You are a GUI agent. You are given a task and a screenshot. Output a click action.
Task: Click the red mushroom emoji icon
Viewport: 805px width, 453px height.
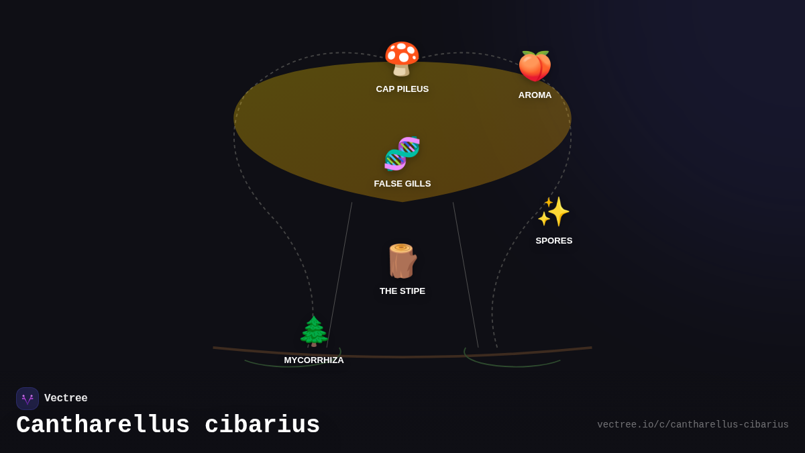coord(402,59)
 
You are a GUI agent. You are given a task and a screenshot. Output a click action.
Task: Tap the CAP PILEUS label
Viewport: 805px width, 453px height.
coord(402,89)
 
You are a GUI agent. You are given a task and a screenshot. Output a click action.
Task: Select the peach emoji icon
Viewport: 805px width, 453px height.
coord(535,66)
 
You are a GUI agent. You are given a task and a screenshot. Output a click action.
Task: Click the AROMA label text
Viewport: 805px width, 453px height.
coord(535,95)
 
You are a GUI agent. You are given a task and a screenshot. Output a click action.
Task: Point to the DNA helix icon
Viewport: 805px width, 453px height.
coord(402,154)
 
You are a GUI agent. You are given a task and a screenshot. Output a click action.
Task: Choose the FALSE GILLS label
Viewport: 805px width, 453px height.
coord(402,184)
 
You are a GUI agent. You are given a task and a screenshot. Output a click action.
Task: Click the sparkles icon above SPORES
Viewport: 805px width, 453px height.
coord(553,212)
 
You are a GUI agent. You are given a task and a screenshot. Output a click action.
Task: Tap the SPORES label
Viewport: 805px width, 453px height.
coord(553,241)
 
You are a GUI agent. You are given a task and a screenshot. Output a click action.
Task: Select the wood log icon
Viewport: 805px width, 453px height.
coord(402,261)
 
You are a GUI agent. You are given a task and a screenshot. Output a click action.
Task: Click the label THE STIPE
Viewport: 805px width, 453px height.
coord(402,291)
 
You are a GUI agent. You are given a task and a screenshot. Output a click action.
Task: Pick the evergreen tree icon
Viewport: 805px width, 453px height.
coord(313,331)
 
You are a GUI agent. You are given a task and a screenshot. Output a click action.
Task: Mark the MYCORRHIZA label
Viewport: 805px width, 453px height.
coord(313,360)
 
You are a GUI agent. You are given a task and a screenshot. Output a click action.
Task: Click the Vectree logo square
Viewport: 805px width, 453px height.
coord(28,399)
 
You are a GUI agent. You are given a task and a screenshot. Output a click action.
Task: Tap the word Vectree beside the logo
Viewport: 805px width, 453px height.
coord(66,399)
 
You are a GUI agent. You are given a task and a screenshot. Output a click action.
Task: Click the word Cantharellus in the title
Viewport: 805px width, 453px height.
coord(103,425)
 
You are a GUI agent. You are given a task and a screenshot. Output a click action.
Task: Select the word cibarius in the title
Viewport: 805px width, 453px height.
coord(262,425)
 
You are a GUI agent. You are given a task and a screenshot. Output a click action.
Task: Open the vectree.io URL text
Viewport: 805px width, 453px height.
coord(692,425)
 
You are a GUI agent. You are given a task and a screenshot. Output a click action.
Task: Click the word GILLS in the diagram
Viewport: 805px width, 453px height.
coord(416,184)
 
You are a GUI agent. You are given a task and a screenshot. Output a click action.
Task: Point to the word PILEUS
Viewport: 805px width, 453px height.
coord(413,89)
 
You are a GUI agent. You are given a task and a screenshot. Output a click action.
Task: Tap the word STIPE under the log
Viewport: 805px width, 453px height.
coord(412,291)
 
